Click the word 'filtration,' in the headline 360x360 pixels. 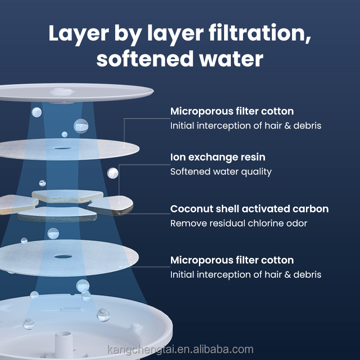(x=260, y=33)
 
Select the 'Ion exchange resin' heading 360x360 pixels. (x=218, y=157)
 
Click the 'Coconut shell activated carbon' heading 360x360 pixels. (x=249, y=209)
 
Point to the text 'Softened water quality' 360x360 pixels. (x=221, y=172)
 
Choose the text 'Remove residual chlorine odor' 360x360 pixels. (x=239, y=223)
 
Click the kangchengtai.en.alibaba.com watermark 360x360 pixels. (x=180, y=350)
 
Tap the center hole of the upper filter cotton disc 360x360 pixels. (x=62, y=148)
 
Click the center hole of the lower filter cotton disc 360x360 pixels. (x=63, y=256)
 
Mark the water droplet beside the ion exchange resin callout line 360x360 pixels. (x=113, y=173)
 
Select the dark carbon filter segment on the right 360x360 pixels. (x=110, y=205)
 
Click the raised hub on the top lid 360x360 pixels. (x=62, y=92)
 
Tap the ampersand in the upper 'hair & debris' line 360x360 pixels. (x=288, y=126)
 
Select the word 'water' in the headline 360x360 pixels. (x=231, y=59)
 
